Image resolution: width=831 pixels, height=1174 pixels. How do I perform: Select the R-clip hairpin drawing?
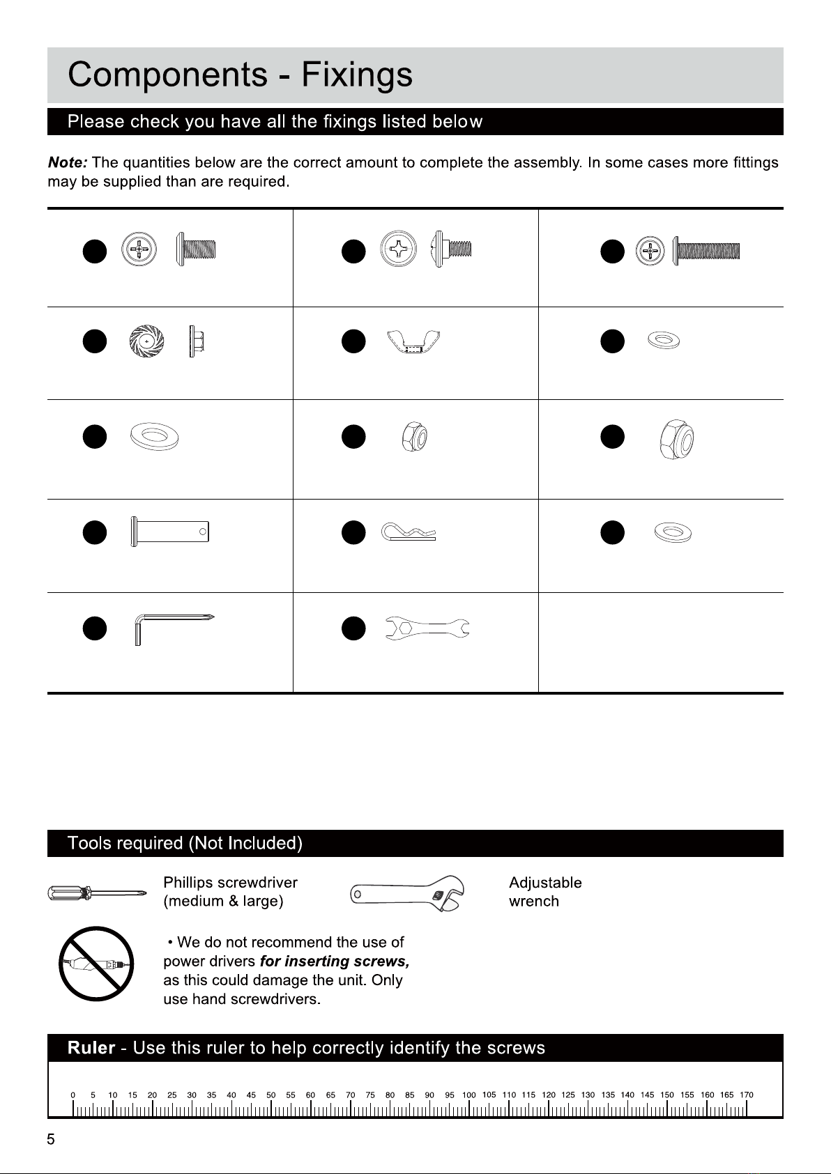[x=409, y=534]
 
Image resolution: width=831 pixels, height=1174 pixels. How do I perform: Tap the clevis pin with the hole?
[x=169, y=532]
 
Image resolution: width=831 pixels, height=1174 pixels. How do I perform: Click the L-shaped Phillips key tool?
[x=171, y=626]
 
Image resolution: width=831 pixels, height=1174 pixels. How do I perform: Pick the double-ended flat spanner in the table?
[x=427, y=628]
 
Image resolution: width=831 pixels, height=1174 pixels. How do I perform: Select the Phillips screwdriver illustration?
[x=96, y=893]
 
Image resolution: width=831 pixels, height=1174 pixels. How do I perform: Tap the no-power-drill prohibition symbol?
[x=96, y=963]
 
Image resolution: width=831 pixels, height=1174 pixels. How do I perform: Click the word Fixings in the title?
[x=356, y=75]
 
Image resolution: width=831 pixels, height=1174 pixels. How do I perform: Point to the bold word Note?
[x=67, y=163]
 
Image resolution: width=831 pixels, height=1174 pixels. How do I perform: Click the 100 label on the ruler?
[x=469, y=1095]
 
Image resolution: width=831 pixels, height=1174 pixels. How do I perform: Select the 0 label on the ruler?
[x=74, y=1095]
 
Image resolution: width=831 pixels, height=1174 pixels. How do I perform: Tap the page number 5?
[x=50, y=1140]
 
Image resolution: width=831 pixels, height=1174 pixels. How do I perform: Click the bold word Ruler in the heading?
[x=91, y=1048]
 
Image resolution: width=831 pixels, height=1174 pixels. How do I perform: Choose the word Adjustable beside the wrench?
[x=545, y=883]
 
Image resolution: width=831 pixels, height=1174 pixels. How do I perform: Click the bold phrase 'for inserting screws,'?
[x=334, y=961]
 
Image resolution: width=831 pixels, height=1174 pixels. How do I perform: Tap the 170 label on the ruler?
[x=747, y=1095]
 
